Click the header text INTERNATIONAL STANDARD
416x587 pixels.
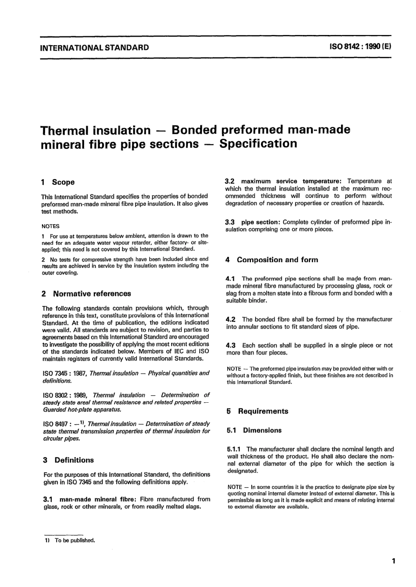(94, 48)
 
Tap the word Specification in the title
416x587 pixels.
(258, 144)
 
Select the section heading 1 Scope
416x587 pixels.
(58, 182)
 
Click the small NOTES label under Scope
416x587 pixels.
(50, 226)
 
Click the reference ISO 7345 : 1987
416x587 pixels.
(65, 373)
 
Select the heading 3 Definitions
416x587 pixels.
(68, 460)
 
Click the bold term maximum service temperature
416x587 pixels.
(291, 181)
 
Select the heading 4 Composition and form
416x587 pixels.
(272, 260)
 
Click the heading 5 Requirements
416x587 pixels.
(258, 411)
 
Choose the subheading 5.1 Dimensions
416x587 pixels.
(254, 430)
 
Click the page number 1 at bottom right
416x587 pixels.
(394, 561)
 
